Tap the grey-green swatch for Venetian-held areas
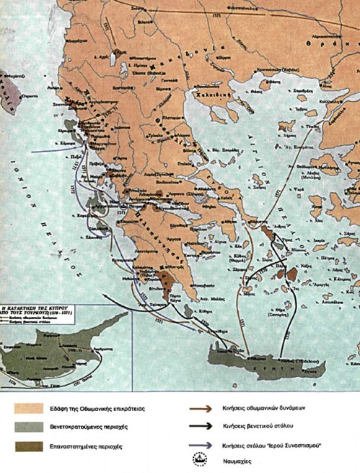tap(29, 426)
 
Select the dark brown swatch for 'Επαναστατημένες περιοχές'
tap(29, 444)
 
